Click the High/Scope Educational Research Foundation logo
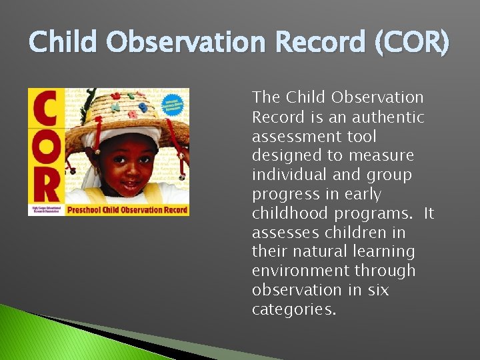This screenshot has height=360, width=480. point(46,209)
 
